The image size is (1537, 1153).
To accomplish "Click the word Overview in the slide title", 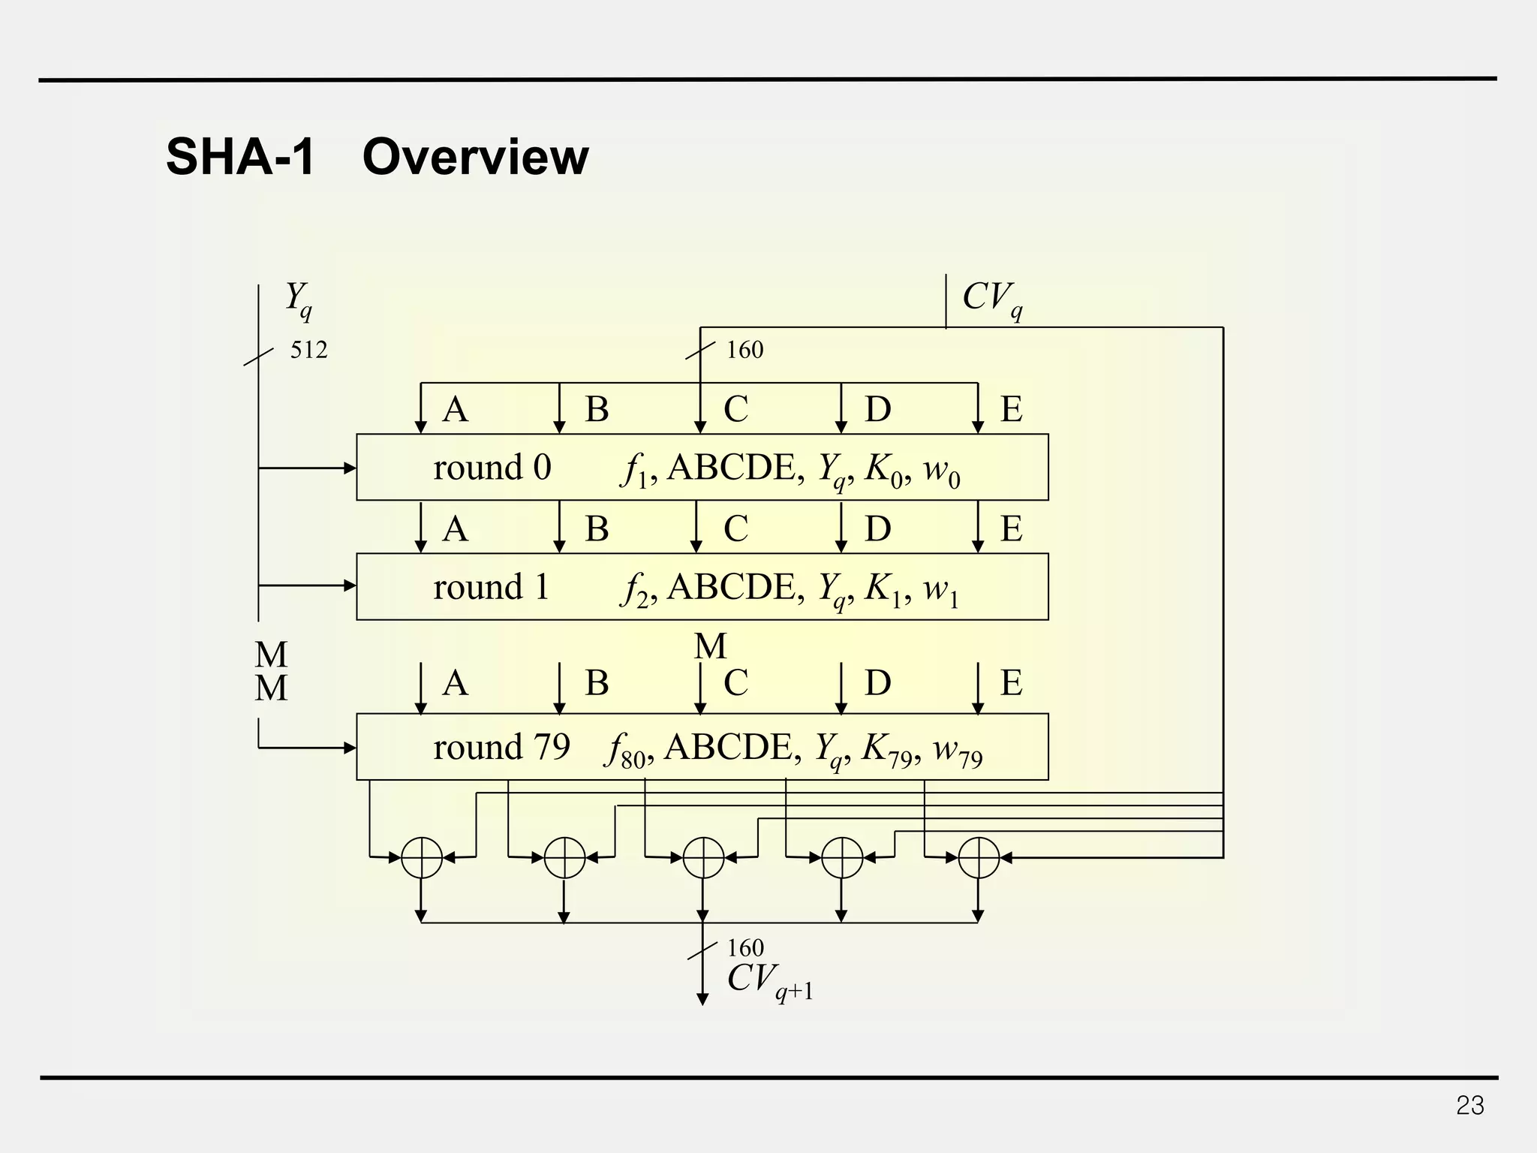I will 475,158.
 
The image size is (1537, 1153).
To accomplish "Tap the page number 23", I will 1469,1106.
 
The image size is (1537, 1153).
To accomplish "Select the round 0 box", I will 702,467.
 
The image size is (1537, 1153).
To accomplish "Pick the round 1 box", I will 702,586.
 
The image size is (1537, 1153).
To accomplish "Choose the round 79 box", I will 702,747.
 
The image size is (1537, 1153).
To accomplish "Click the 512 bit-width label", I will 308,350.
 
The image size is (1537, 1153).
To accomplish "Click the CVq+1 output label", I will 769,980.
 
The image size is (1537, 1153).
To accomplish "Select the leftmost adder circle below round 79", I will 422,857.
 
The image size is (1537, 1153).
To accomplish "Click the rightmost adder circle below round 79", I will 979,857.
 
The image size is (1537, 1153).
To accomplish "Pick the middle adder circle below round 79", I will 703,857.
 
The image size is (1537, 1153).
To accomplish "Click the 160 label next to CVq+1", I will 745,948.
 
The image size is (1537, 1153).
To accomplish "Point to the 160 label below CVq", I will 744,350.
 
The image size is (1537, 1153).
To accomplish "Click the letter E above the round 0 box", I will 1011,409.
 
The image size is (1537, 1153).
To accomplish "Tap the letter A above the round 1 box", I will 455,528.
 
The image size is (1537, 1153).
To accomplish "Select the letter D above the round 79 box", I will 877,682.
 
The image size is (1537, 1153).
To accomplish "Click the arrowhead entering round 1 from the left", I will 350,586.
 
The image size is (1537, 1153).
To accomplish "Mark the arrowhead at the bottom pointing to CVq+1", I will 702,999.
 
